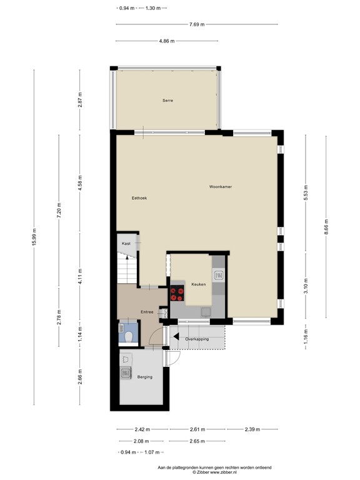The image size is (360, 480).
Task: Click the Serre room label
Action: click(167, 101)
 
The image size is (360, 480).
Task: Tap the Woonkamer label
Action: click(221, 186)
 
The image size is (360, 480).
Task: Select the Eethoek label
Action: click(139, 198)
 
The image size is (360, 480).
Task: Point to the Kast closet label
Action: click(126, 243)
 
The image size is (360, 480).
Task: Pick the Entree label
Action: click(147, 312)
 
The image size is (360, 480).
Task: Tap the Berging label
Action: click(144, 377)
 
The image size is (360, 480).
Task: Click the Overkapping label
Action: click(197, 339)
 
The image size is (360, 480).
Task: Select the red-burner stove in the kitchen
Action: click(177, 292)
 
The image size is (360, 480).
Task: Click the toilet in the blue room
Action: click(127, 336)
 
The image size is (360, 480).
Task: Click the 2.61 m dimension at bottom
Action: click(197, 429)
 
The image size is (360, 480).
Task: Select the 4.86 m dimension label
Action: click(167, 41)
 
